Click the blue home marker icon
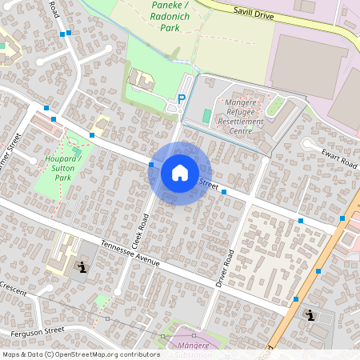[x=180, y=173]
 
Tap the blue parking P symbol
[x=182, y=98]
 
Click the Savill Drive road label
[x=254, y=11]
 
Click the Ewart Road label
[x=339, y=158]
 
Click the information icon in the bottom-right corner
[x=310, y=314]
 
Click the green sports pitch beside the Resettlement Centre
[x=207, y=117]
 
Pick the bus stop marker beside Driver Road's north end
[x=224, y=192]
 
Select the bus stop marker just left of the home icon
[x=151, y=165]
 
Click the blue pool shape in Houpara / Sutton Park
[x=77, y=150]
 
